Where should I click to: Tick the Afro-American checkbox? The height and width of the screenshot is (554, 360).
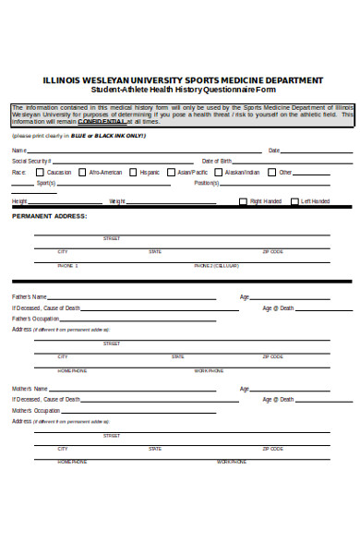coord(82,172)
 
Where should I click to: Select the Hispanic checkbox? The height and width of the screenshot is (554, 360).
coord(133,172)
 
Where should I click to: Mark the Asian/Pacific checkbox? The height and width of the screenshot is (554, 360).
coord(172,172)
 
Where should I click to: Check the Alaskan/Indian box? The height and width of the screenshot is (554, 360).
coord(219,172)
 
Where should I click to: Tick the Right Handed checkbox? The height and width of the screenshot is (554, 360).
coord(243,201)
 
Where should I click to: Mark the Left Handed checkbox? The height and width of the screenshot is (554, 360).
coord(294,201)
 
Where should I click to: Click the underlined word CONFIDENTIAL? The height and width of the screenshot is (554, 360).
coord(104,121)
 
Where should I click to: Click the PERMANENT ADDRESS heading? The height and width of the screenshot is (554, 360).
coord(49,216)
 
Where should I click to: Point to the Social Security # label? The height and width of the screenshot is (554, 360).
coord(30,161)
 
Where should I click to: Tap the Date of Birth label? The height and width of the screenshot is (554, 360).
coord(217,161)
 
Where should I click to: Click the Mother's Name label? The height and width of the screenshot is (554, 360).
coord(30,389)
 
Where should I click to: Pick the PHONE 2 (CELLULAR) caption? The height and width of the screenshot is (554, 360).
coord(216,266)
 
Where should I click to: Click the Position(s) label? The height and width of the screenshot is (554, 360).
coord(206,183)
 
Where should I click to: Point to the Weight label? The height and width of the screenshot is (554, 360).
coord(117,201)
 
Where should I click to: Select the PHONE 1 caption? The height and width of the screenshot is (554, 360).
coord(67,266)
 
